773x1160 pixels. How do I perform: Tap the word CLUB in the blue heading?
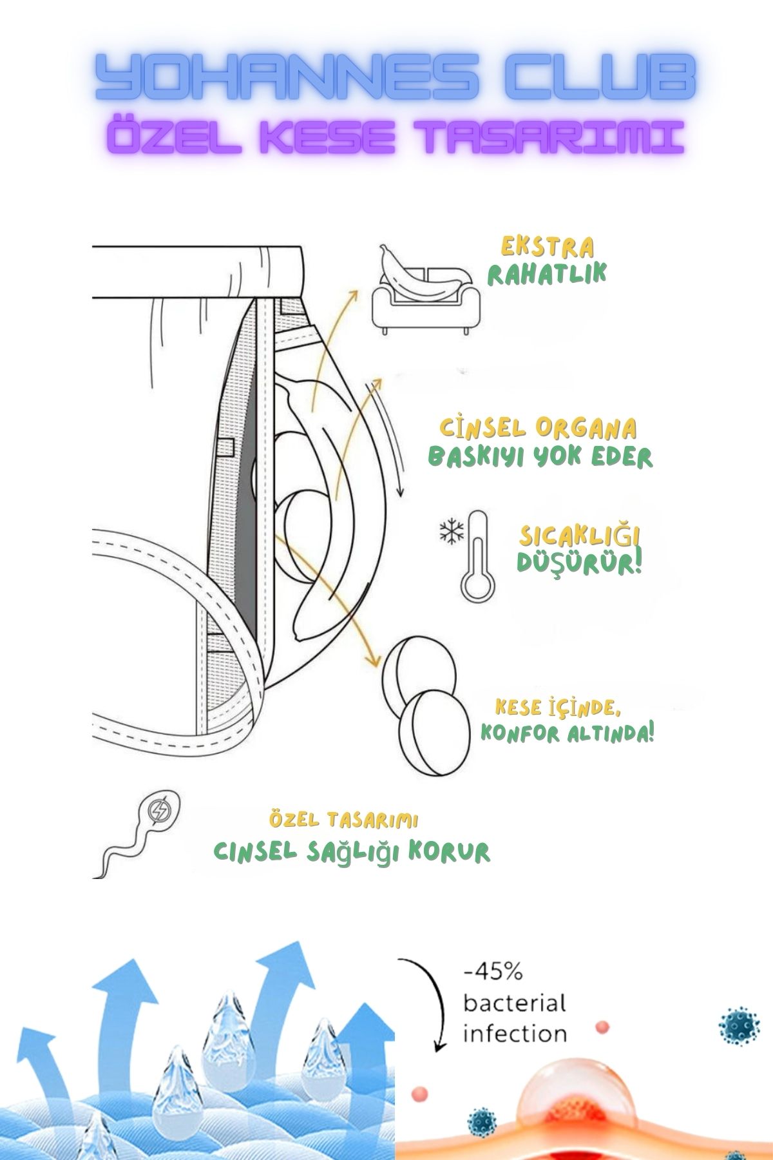pyautogui.click(x=601, y=77)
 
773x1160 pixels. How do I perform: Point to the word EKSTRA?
pyautogui.click(x=548, y=247)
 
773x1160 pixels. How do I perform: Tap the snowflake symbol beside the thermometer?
pyautogui.click(x=451, y=532)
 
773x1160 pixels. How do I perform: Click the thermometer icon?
pyautogui.click(x=477, y=556)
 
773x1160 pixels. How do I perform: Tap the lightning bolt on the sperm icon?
pyautogui.click(x=159, y=810)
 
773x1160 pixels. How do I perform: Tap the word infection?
pyautogui.click(x=515, y=1034)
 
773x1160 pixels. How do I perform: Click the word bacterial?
pyautogui.click(x=515, y=1003)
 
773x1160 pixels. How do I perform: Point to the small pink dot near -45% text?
pyautogui.click(x=602, y=1026)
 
